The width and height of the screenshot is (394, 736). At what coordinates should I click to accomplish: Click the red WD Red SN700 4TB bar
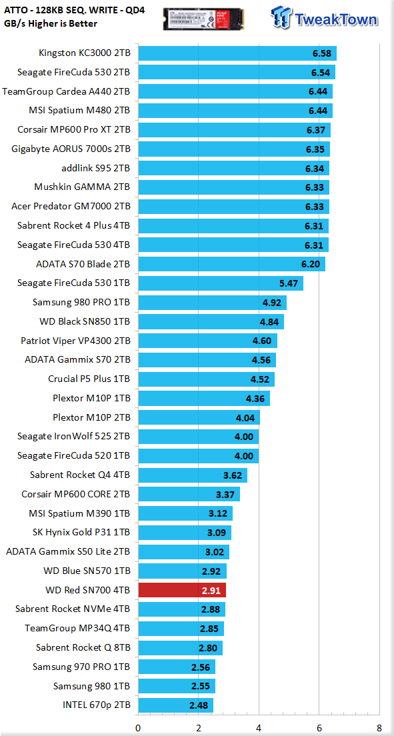click(182, 590)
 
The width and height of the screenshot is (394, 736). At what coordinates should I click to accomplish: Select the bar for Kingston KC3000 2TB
click(237, 53)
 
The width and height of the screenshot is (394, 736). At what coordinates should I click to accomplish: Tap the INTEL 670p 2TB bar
click(176, 705)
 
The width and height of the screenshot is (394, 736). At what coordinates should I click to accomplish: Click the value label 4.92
click(272, 303)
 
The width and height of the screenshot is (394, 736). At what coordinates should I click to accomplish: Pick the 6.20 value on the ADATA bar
click(311, 264)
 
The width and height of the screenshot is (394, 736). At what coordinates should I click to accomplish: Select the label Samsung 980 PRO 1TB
click(81, 303)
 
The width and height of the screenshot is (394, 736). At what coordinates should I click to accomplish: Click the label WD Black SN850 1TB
click(85, 322)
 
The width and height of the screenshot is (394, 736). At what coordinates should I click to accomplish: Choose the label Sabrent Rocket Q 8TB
click(83, 648)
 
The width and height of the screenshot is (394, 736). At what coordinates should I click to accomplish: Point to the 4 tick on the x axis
click(259, 728)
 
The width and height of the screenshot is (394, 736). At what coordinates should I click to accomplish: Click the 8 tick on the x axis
click(379, 728)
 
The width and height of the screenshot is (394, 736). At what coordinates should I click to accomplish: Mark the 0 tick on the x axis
click(138, 728)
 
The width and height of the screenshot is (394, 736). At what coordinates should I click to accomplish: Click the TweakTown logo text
click(336, 19)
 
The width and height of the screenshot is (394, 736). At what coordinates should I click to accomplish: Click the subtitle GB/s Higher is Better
click(50, 23)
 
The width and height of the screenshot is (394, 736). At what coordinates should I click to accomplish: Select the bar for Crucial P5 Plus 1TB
click(207, 379)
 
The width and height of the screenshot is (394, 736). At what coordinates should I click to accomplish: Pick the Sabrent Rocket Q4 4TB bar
click(193, 475)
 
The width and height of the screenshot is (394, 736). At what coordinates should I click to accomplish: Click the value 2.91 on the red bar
click(211, 590)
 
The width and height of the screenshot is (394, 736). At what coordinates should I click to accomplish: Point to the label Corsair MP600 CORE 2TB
click(76, 494)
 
